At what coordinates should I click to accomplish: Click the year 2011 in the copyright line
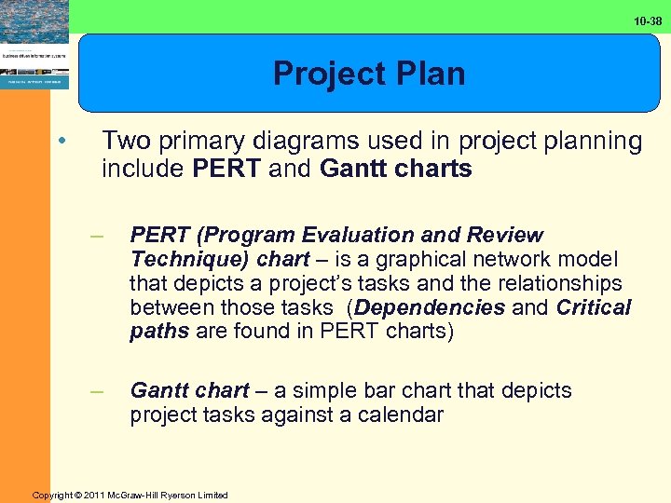pyautogui.click(x=97, y=495)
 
